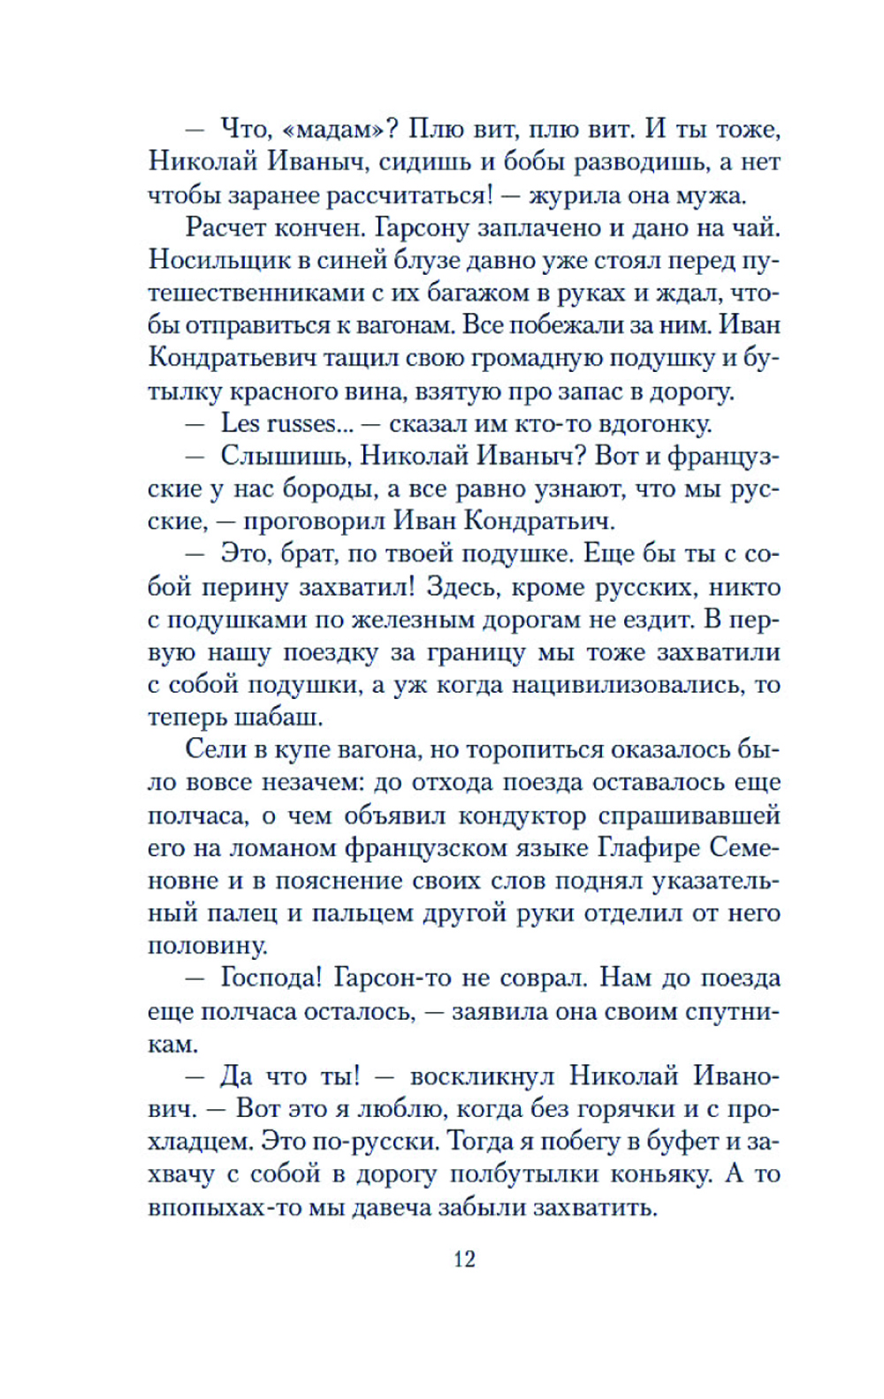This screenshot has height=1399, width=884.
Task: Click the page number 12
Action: [464, 1258]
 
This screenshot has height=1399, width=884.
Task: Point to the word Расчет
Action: [229, 227]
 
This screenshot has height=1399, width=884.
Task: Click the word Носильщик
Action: [208, 260]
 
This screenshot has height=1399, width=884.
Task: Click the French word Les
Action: [240, 423]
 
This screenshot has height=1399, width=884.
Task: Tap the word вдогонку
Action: [655, 423]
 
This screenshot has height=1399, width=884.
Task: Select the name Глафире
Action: [648, 848]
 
